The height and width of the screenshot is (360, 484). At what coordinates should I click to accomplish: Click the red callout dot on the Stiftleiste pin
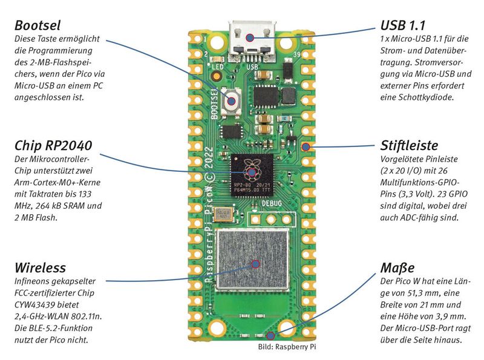click(x=305, y=146)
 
